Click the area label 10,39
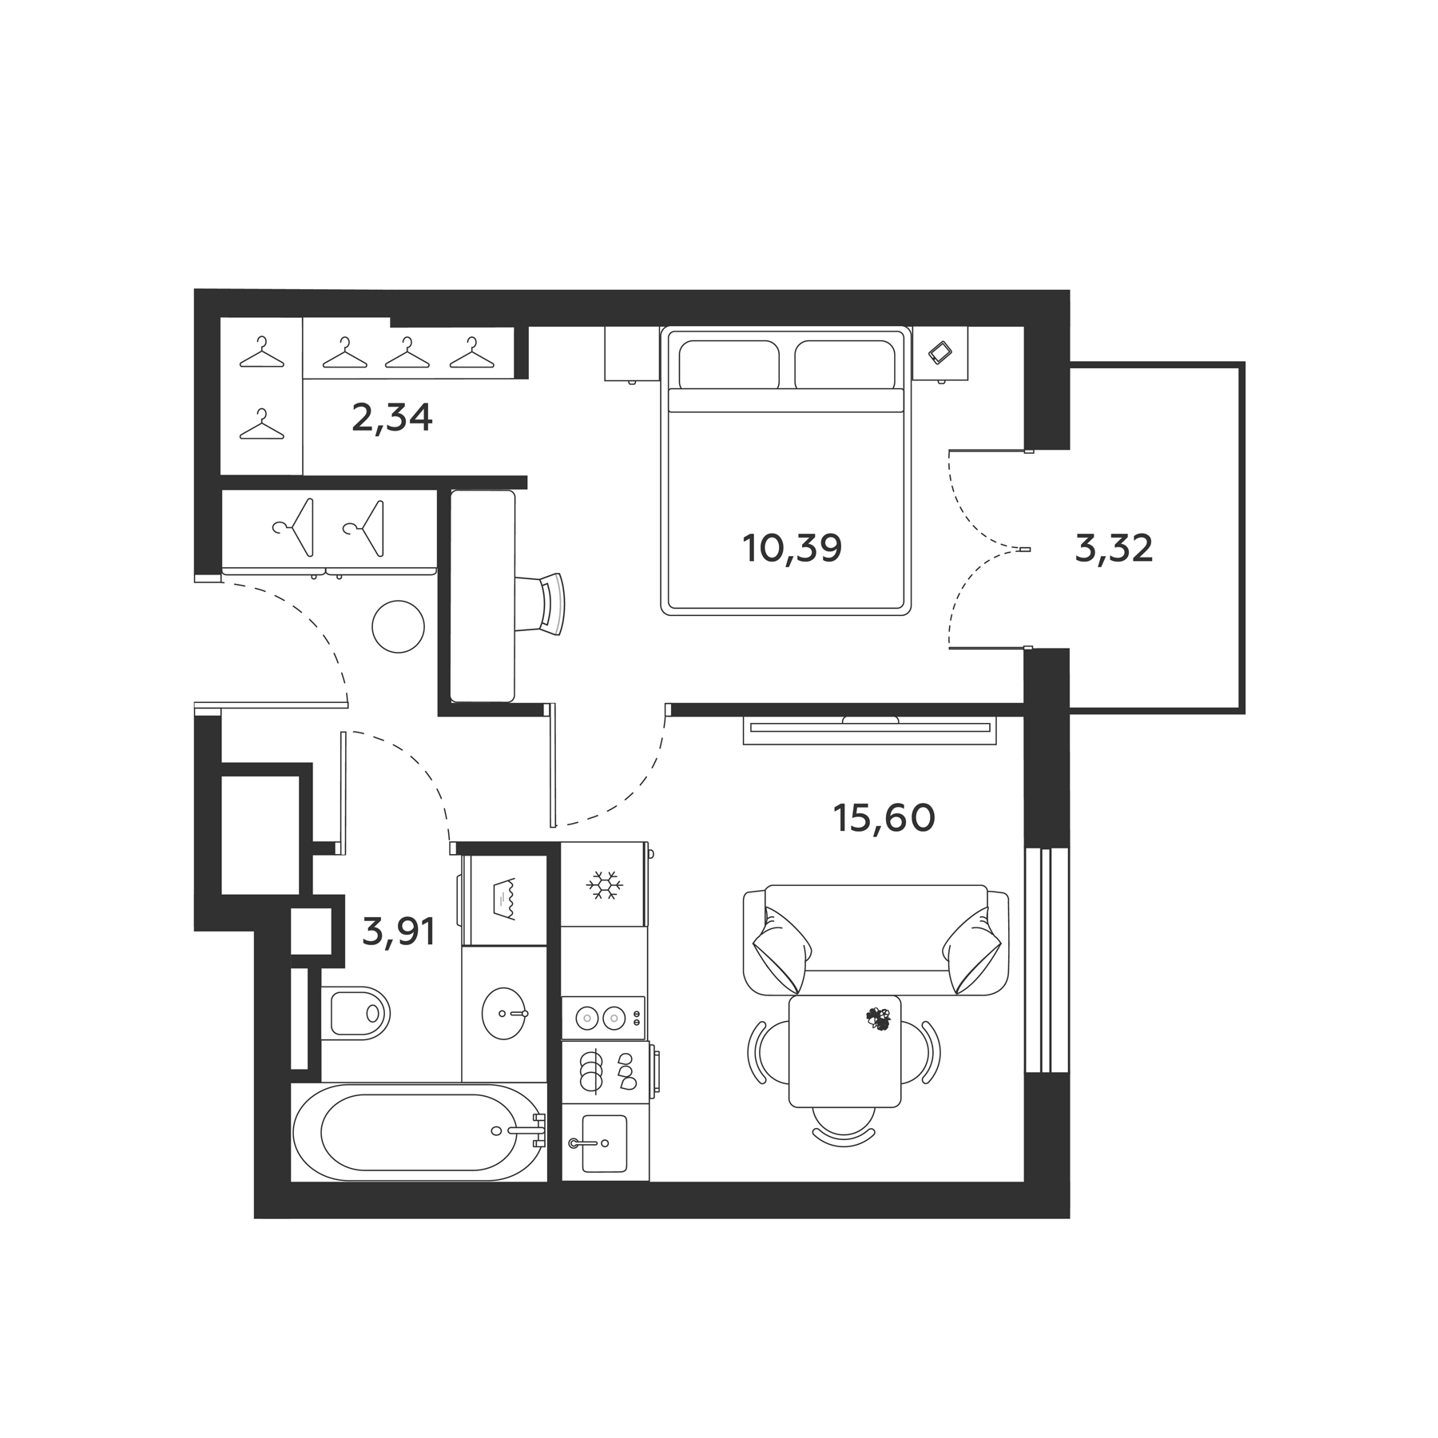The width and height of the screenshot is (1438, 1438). click(792, 549)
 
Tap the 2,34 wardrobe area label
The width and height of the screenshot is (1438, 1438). click(391, 418)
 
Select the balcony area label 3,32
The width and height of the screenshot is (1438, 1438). click(1114, 549)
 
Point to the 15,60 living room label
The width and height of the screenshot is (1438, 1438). click(884, 817)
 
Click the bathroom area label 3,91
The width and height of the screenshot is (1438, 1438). click(399, 932)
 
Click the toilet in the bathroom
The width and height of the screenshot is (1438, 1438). click(357, 1013)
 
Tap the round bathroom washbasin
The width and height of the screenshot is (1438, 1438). click(504, 1013)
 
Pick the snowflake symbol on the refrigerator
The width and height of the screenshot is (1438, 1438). click(604, 885)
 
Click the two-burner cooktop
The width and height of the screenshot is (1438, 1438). click(602, 1018)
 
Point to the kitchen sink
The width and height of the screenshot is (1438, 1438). click(603, 1143)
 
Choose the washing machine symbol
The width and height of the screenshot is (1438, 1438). click(505, 900)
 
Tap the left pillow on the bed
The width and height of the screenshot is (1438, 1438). click(729, 364)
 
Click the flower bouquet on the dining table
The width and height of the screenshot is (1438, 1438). click(878, 1019)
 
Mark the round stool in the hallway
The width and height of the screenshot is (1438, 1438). click(398, 627)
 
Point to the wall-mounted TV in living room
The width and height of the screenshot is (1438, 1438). click(869, 728)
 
